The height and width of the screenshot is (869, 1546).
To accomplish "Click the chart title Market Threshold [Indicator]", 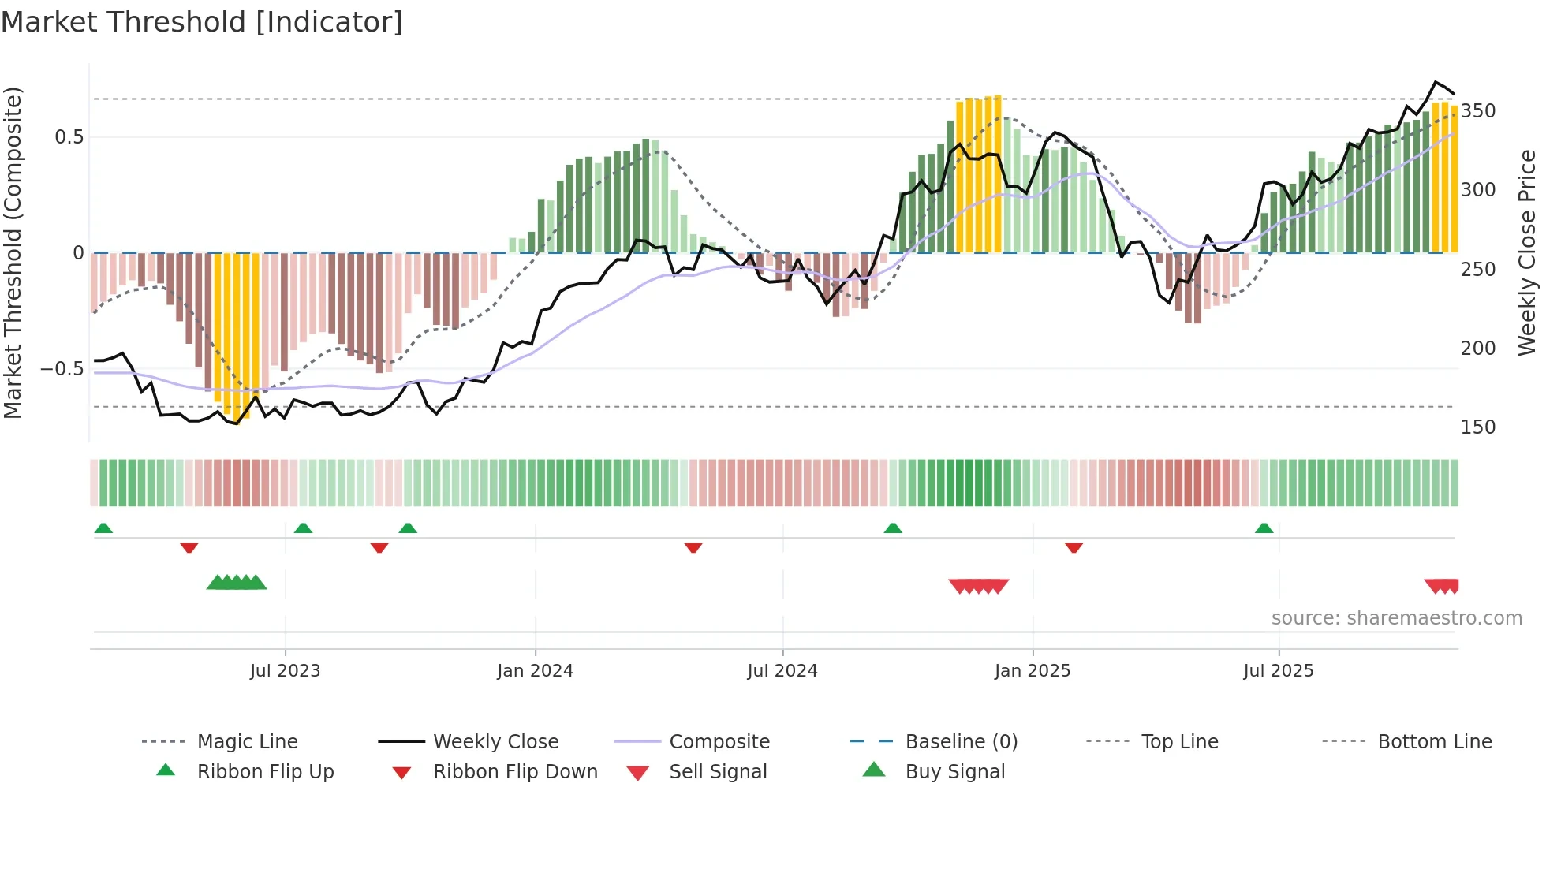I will click(202, 22).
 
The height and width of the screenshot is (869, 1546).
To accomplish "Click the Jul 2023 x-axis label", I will click(285, 671).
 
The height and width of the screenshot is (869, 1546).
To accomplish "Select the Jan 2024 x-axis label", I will click(535, 671).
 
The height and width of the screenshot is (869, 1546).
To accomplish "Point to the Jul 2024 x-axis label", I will click(782, 671).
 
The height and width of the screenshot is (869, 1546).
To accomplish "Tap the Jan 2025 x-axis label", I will click(1032, 671).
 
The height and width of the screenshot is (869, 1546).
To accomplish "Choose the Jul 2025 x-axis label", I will click(1278, 671).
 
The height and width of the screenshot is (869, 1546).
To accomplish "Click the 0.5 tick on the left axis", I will click(69, 137).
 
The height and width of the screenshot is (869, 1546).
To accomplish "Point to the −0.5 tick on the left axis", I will click(62, 369).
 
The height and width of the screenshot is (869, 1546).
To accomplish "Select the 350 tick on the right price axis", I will click(1477, 111).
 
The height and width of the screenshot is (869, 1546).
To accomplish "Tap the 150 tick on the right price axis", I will click(1477, 427).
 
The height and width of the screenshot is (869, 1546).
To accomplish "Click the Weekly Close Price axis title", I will click(1527, 252).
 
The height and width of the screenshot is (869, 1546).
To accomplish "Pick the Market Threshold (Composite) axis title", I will click(13, 252).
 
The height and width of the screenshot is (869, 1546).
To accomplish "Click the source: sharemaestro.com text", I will click(1396, 618).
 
